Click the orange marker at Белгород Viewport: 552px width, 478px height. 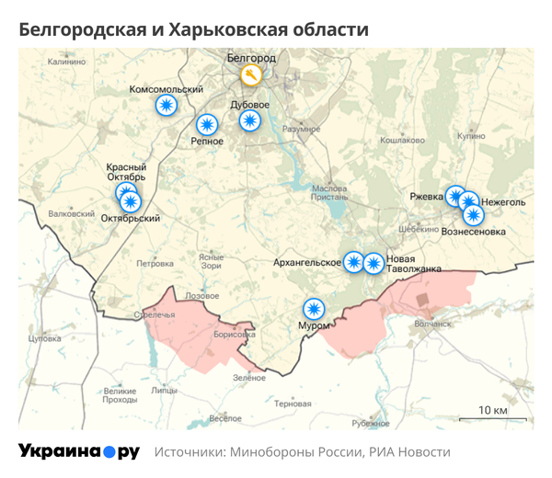pyautogui.click(x=249, y=74)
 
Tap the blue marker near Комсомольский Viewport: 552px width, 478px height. pyautogui.click(x=167, y=107)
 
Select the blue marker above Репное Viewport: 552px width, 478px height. pyautogui.click(x=208, y=124)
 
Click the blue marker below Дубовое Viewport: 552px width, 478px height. pyautogui.click(x=250, y=120)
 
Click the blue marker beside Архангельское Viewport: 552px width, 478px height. pyautogui.click(x=354, y=262)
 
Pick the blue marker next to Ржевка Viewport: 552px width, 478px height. pyautogui.click(x=455, y=195)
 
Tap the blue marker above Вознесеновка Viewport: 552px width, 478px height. pyautogui.click(x=474, y=215)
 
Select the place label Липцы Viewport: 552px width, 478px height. pyautogui.click(x=164, y=390)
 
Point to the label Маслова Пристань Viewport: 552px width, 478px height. pyautogui.click(x=332, y=191)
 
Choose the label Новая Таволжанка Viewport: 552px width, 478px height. pyautogui.click(x=414, y=264)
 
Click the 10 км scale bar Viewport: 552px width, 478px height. pyautogui.click(x=493, y=419)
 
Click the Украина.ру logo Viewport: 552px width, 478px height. pyautogui.click(x=79, y=451)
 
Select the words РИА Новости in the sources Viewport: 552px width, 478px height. pyautogui.click(x=410, y=452)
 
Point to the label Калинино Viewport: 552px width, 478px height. pyautogui.click(x=65, y=61)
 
